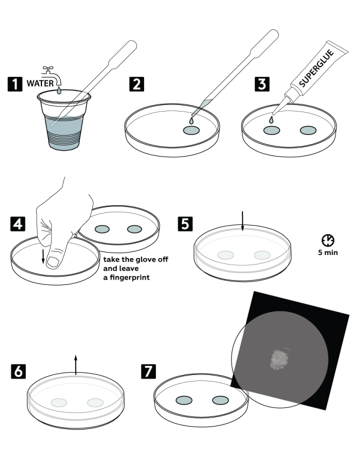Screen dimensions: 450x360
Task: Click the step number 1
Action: coord(15,84)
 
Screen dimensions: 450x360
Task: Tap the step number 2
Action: coord(137,84)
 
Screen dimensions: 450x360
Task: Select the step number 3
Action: coord(262,84)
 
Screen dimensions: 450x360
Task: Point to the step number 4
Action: coord(18,224)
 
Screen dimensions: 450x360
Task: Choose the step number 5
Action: coord(185,224)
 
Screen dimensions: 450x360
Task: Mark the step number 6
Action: coord(19,371)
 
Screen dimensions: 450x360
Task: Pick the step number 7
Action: coord(148,371)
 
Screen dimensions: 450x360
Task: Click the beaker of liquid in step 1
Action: coord(63,132)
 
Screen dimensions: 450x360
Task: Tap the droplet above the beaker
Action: coord(58,91)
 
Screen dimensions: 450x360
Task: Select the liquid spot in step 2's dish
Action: coord(192,130)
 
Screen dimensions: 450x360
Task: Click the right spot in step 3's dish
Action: coord(308,130)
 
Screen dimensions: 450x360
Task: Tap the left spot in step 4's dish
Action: coord(103,229)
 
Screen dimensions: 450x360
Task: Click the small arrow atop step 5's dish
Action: coord(242,228)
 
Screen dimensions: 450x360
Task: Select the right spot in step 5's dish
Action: coord(262,255)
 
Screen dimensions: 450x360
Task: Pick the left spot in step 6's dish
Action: coord(59,403)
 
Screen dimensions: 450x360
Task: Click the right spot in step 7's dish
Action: coord(220,400)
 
